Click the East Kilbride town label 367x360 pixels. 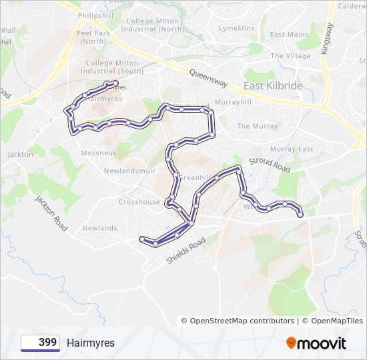274,87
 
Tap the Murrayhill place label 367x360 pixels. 232,103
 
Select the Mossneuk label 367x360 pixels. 98,153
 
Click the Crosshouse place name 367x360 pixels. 139,202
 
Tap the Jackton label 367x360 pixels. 20,155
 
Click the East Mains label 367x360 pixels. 289,35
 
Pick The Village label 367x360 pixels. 290,56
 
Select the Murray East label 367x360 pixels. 292,149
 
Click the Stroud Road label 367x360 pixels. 270,165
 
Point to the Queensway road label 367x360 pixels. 208,79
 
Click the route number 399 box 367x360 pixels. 41,343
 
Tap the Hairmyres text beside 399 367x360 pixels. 91,343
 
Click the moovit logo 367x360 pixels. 316,343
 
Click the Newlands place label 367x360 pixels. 99,228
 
